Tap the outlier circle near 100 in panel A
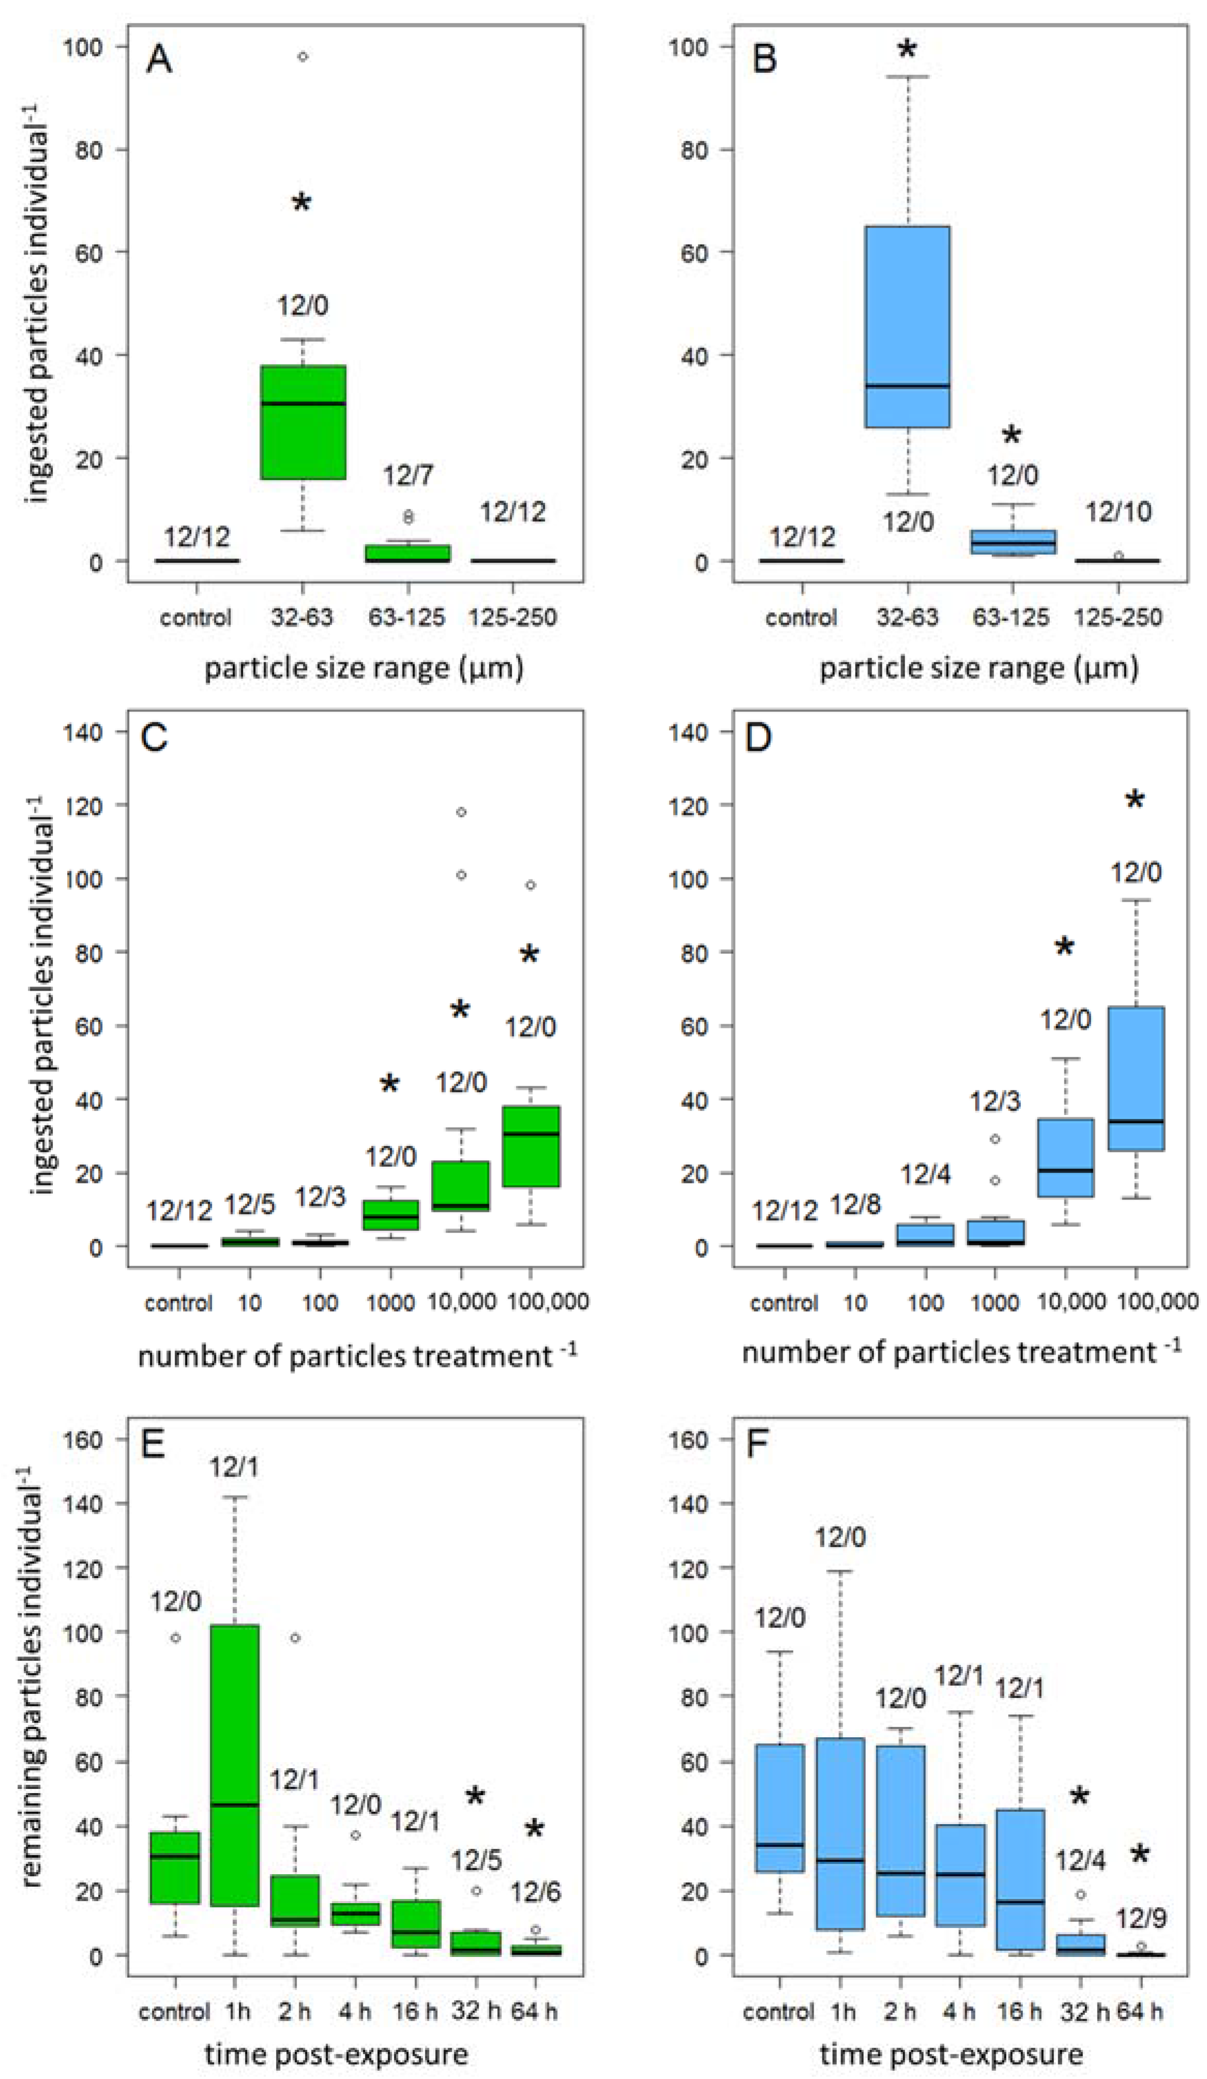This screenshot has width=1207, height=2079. tap(303, 57)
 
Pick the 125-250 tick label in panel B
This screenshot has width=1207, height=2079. tap(1118, 617)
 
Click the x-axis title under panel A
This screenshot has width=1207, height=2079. tap(364, 667)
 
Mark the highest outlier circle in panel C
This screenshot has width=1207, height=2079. tap(461, 812)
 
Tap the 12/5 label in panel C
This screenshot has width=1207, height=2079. tap(249, 1205)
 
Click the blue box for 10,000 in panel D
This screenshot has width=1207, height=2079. tap(1065, 1158)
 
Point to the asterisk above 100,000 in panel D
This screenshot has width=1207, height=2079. tap(1135, 799)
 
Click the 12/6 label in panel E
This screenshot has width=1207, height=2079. tap(534, 1892)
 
